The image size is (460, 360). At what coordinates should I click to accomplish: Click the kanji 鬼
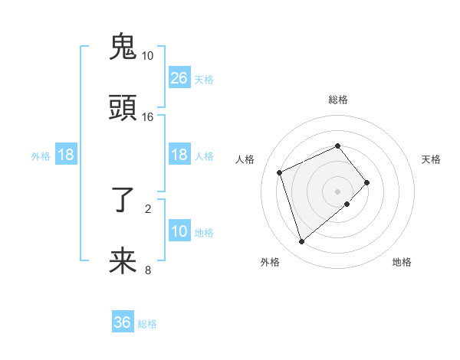(123, 47)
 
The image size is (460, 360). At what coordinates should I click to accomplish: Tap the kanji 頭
(123, 109)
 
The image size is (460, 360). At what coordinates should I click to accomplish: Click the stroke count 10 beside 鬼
(147, 56)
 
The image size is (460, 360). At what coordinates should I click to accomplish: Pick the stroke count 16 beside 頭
(147, 117)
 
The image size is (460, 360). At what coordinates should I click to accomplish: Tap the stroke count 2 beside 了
(148, 208)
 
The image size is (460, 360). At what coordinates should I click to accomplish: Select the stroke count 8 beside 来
(148, 270)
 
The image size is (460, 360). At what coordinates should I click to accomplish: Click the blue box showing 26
(179, 78)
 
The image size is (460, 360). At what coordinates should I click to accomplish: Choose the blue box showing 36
(123, 323)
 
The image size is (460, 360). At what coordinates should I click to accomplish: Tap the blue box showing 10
(179, 231)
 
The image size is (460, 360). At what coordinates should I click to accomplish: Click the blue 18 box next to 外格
(66, 155)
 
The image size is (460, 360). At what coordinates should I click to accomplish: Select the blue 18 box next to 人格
(179, 155)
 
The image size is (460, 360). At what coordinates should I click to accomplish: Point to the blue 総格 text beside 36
(147, 324)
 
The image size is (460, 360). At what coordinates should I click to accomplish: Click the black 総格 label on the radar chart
(338, 100)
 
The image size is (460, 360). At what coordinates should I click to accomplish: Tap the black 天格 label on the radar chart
(432, 159)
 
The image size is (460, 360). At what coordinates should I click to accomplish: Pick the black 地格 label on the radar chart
(402, 262)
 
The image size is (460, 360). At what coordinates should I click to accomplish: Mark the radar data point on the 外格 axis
(301, 242)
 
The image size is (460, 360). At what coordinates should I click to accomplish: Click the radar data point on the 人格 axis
(280, 172)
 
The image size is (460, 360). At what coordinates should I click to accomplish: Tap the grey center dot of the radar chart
(338, 191)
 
